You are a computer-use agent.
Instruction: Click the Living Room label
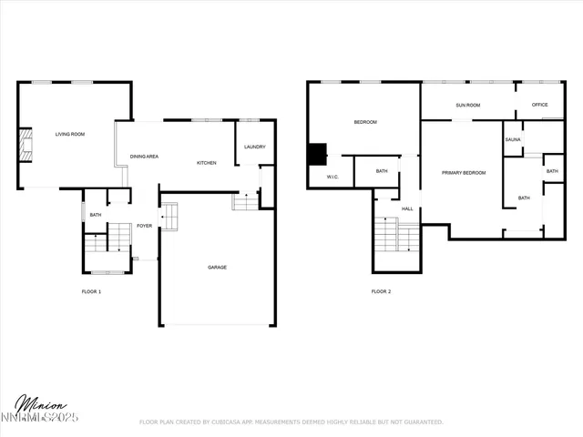tap(69, 134)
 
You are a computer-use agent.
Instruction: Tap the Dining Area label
tap(144, 157)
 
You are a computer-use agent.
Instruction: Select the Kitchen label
tap(207, 163)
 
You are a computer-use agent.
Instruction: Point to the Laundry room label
tap(254, 147)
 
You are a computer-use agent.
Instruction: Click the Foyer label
tap(144, 225)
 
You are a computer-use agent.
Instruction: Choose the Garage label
tap(217, 267)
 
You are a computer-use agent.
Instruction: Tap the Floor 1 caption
tap(91, 291)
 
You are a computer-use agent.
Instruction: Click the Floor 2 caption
tap(381, 291)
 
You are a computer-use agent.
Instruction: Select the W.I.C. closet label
tap(332, 177)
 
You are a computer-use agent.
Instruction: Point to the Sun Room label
tap(467, 106)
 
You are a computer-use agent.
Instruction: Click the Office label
tap(539, 105)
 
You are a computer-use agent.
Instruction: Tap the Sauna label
tap(513, 139)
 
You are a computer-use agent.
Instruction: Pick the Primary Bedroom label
tap(464, 172)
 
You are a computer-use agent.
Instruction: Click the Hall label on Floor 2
tap(407, 208)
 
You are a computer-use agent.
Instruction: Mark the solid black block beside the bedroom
tap(318, 154)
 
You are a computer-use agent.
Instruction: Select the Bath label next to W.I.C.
tap(382, 171)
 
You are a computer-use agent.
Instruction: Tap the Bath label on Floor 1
tap(95, 215)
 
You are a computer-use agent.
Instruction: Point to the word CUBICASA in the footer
tap(236, 422)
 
